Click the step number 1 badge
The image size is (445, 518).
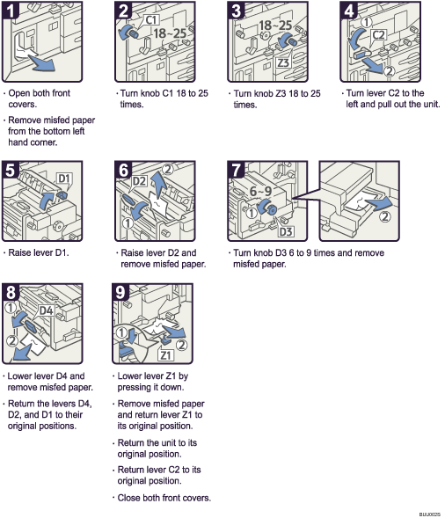[11, 11]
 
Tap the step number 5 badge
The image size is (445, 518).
[11, 170]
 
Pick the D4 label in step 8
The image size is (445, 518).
[47, 310]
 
